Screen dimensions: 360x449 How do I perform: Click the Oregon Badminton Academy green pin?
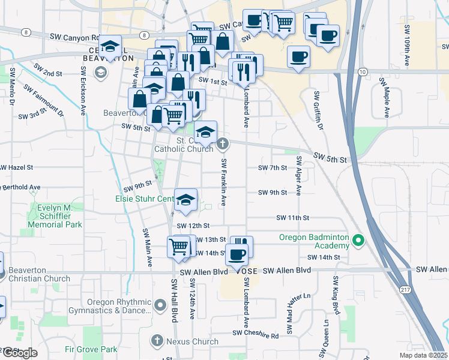(x=358, y=241)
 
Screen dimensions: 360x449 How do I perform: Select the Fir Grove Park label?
(x=91, y=349)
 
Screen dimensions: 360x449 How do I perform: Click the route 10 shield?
(x=362, y=71)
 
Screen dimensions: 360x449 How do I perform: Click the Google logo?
(x=20, y=353)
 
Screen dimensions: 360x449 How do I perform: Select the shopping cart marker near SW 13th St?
(x=179, y=246)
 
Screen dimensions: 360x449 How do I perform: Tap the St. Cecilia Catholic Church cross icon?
(x=223, y=143)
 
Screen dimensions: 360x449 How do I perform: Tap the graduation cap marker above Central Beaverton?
(x=110, y=46)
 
